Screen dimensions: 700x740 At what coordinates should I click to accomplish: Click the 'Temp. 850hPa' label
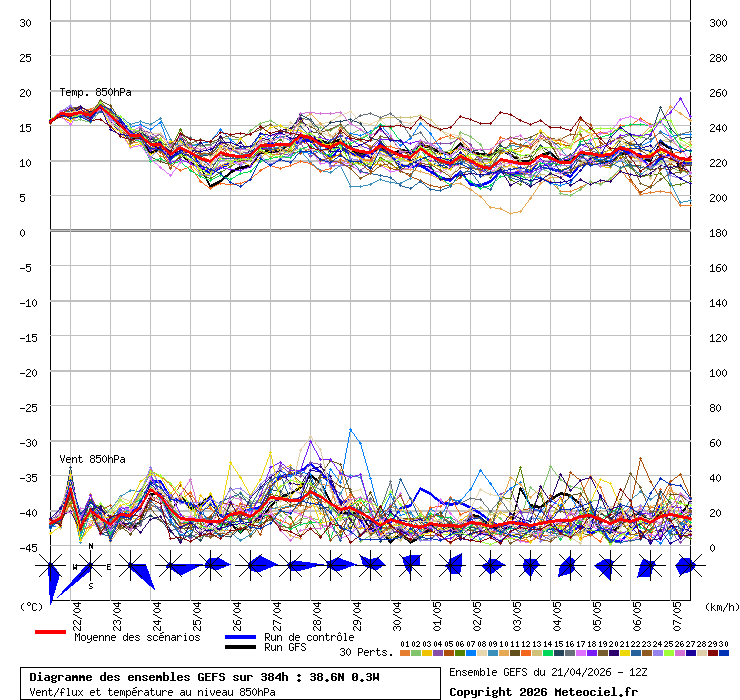(95, 92)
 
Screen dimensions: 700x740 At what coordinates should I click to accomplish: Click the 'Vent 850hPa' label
(92, 459)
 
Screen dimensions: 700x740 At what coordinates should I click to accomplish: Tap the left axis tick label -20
(27, 372)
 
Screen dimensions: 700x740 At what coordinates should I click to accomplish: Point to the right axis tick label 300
(717, 22)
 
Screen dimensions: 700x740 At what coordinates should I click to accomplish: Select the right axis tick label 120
(717, 337)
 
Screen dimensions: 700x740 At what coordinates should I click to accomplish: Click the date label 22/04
(77, 611)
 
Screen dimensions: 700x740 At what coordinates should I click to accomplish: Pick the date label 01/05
(437, 611)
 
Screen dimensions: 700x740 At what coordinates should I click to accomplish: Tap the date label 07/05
(677, 611)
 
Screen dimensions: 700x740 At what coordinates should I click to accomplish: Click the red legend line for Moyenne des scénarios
(50, 632)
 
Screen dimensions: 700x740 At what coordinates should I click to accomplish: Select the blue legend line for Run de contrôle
(241, 637)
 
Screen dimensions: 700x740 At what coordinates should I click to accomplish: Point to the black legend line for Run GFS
(241, 647)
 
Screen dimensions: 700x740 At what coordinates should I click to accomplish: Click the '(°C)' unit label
(31, 606)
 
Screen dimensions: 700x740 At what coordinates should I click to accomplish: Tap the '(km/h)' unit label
(721, 606)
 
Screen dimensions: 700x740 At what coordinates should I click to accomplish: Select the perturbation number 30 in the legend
(723, 644)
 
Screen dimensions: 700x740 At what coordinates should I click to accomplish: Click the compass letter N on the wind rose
(91, 546)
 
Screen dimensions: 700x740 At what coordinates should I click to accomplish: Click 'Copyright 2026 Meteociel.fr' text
(543, 691)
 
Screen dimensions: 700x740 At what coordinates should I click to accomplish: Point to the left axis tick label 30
(27, 22)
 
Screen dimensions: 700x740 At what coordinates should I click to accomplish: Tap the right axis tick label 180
(717, 232)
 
